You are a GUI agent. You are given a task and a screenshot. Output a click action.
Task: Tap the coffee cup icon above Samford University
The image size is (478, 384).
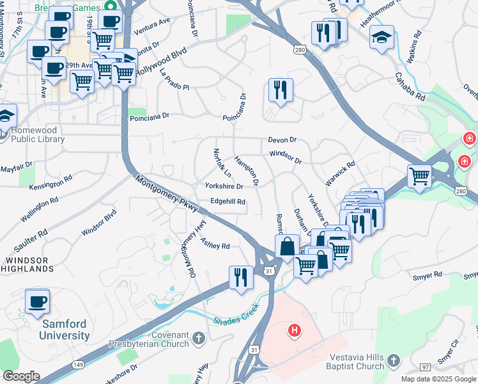tap(38, 301)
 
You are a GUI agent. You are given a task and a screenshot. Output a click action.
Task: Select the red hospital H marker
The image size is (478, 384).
tap(294, 331)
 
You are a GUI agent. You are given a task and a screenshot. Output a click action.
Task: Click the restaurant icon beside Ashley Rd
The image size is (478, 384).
tap(240, 277)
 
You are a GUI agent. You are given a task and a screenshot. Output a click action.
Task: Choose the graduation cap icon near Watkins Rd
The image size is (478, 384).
tap(382, 36)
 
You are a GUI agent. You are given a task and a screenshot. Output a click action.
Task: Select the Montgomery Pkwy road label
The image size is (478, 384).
tap(167, 191)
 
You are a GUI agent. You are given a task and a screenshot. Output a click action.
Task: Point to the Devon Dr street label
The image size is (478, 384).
tap(282, 140)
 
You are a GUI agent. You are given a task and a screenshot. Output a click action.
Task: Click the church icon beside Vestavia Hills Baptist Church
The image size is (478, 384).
tap(394, 362)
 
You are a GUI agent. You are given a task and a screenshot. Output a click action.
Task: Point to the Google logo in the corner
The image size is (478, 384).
tap(20, 376)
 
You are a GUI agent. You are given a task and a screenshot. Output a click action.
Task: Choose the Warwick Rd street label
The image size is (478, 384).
tap(339, 173)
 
